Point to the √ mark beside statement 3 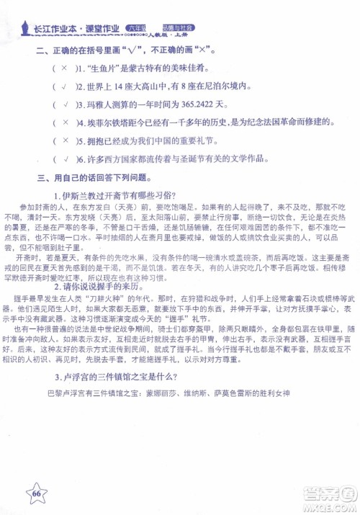coord(63,104)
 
